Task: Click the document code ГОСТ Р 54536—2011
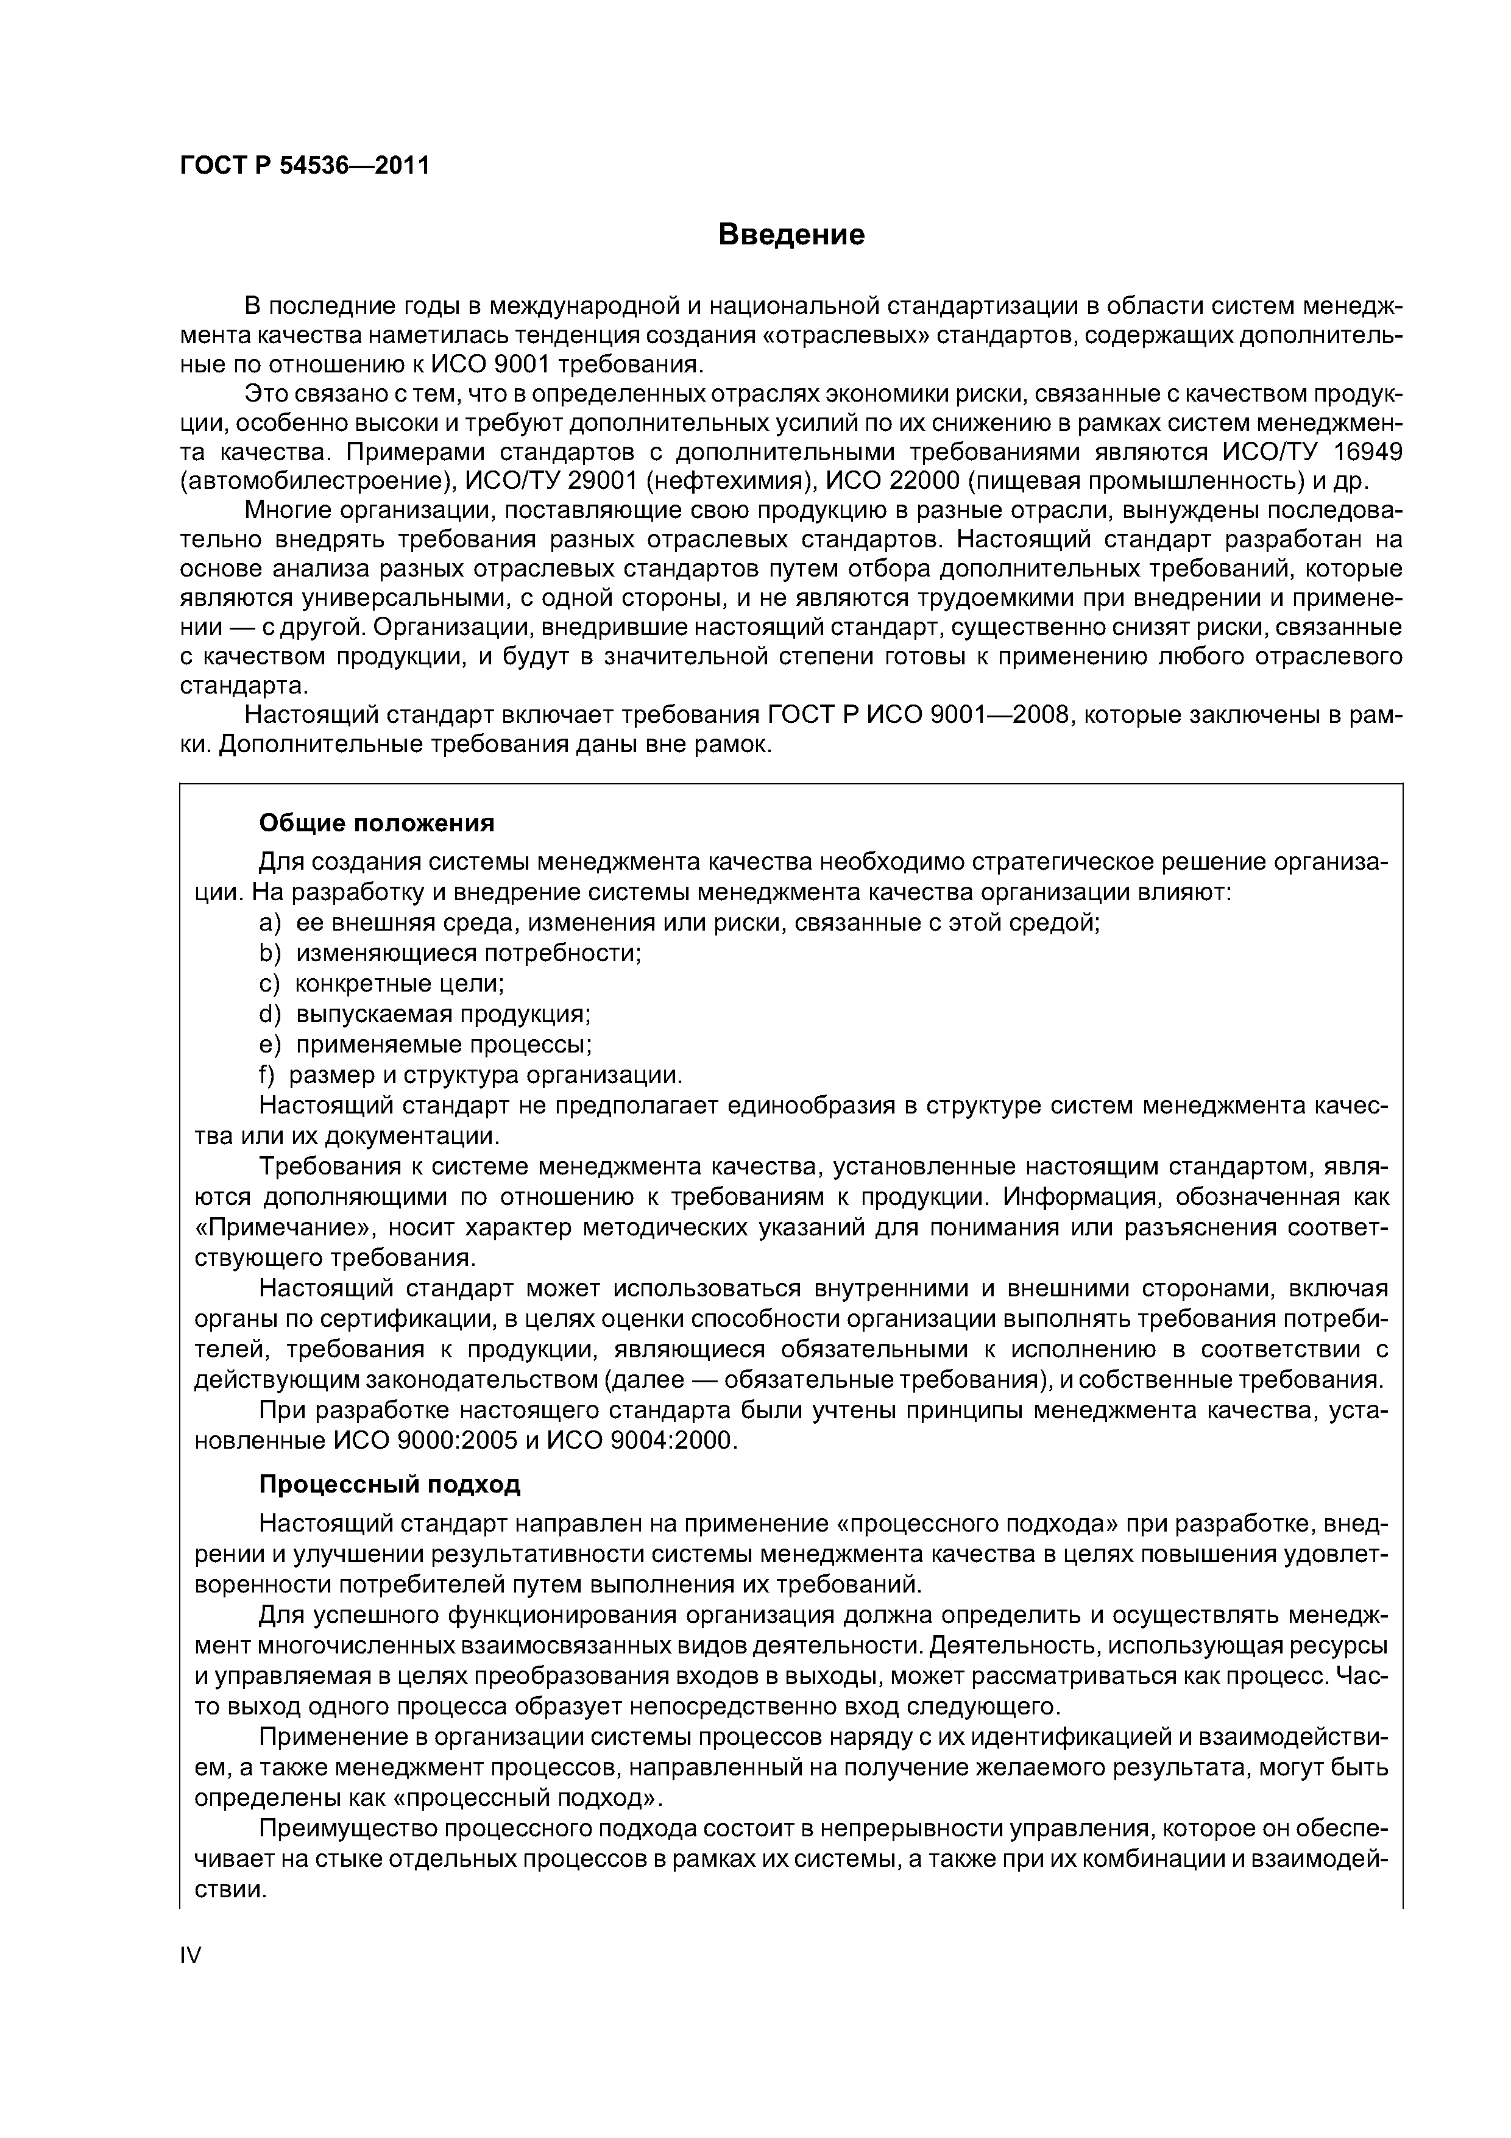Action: tap(305, 166)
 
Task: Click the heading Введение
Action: tap(791, 235)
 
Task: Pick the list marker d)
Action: tap(269, 1014)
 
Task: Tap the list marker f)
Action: tap(267, 1076)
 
